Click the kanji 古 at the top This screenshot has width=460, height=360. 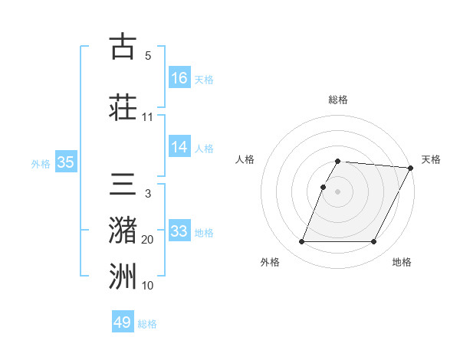click(x=123, y=47)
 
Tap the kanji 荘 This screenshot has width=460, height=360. click(x=123, y=108)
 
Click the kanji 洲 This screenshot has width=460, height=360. click(x=123, y=277)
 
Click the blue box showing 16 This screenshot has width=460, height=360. click(x=179, y=78)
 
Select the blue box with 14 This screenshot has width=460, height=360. click(x=179, y=147)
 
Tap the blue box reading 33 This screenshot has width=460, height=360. click(x=179, y=231)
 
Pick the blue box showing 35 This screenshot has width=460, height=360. click(x=66, y=162)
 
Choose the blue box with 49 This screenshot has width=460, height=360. click(x=123, y=322)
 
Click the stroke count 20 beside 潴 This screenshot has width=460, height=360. click(x=147, y=240)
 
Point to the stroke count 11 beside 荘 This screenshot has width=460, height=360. click(x=147, y=117)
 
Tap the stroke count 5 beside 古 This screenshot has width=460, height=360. click(x=147, y=56)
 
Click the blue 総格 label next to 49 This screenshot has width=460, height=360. click(x=147, y=324)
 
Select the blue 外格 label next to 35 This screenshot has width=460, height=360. click(x=41, y=163)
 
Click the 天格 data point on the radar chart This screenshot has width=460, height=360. click(x=412, y=169)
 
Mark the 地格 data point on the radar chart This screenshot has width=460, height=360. click(x=374, y=242)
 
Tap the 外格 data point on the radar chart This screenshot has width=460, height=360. click(x=301, y=242)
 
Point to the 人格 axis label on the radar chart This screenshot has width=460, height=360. click(x=245, y=159)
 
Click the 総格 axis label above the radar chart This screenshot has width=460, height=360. click(x=337, y=100)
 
